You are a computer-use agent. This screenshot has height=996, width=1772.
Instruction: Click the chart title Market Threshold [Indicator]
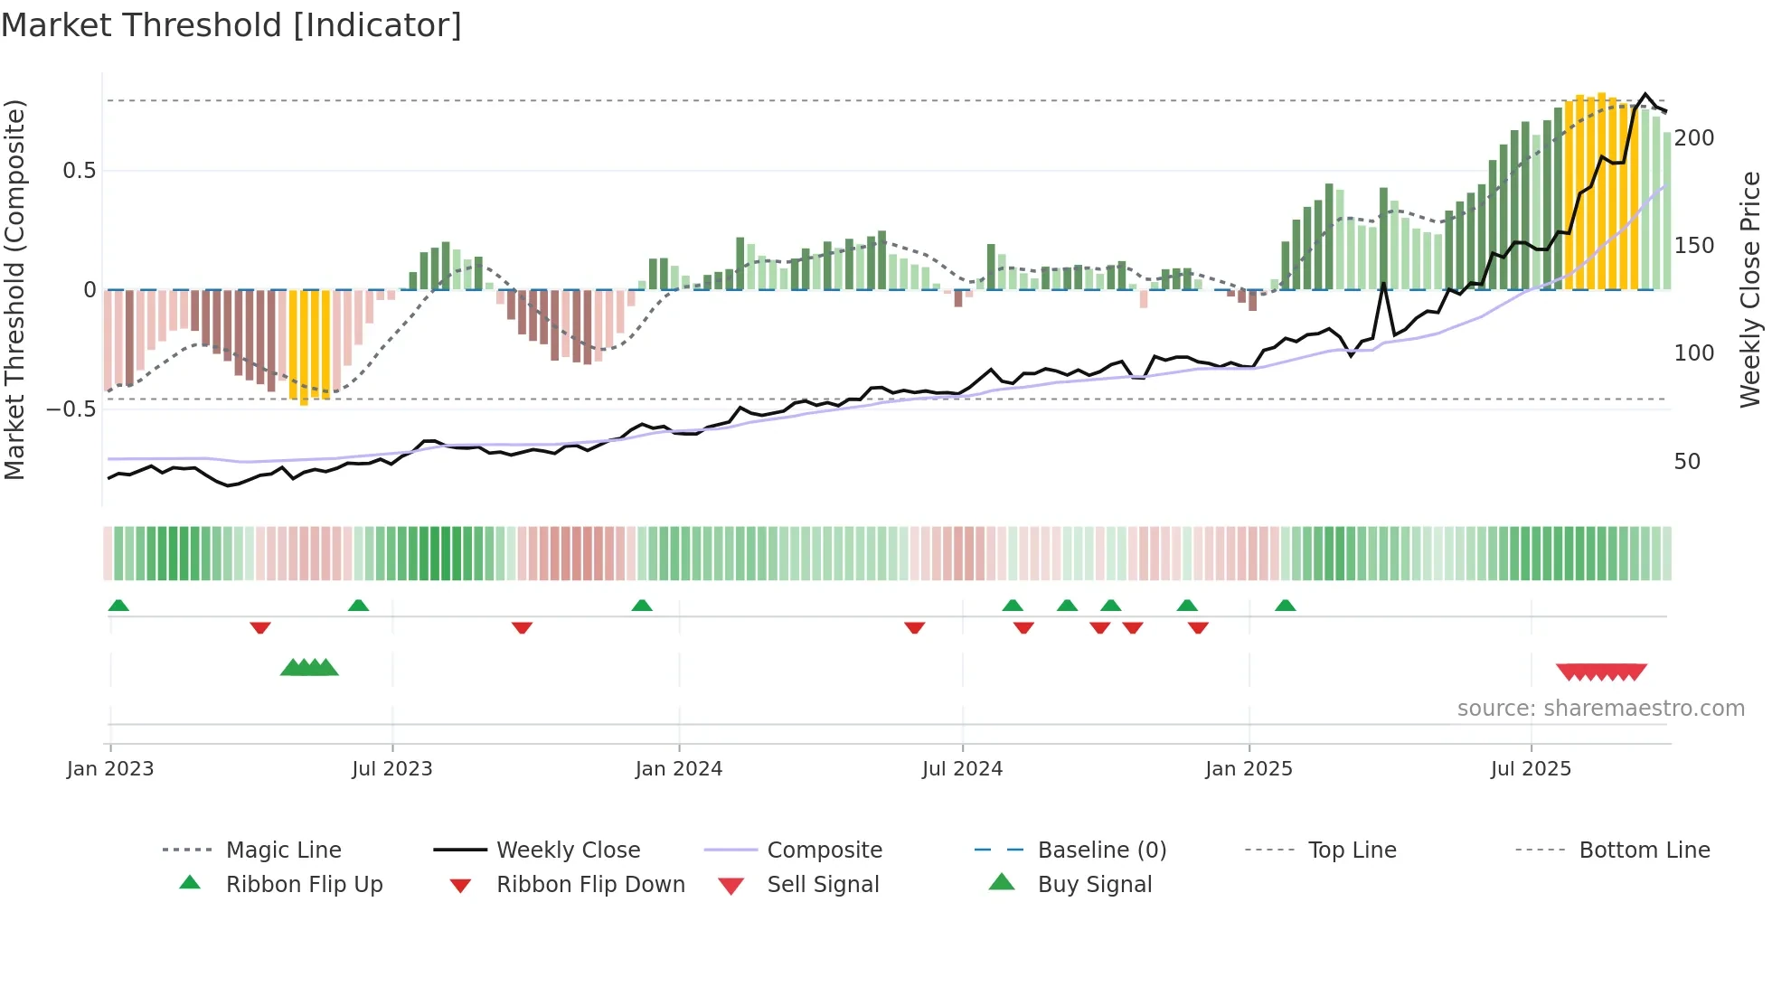click(231, 25)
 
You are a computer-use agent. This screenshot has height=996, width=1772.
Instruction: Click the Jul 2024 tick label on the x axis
click(962, 769)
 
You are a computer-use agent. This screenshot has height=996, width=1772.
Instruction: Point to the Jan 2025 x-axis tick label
click(1249, 769)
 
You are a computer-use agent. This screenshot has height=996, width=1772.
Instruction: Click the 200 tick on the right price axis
click(1693, 138)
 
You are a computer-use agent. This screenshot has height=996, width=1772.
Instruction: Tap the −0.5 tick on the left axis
click(71, 409)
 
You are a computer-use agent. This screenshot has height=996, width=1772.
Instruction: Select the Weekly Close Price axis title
click(1750, 289)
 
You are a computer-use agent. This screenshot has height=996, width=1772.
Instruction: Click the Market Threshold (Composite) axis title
click(15, 289)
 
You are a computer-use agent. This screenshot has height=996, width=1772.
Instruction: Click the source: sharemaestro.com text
click(1600, 709)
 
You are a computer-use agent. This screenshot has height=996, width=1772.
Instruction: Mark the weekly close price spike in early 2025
click(1383, 284)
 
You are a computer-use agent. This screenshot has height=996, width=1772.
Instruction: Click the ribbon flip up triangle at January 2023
click(118, 606)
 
